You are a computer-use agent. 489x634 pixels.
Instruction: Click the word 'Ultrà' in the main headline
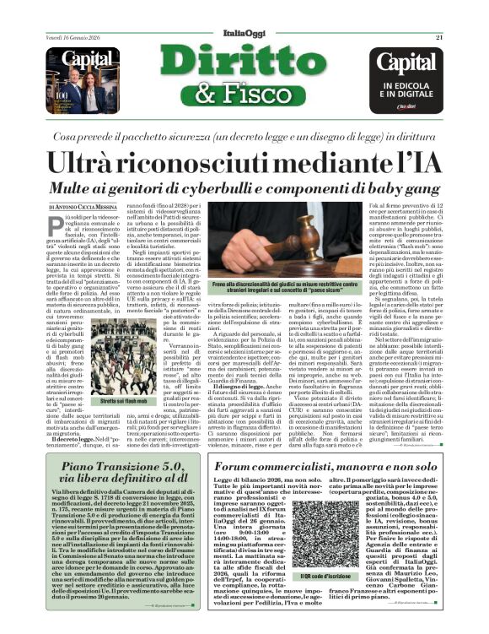point(104,162)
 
